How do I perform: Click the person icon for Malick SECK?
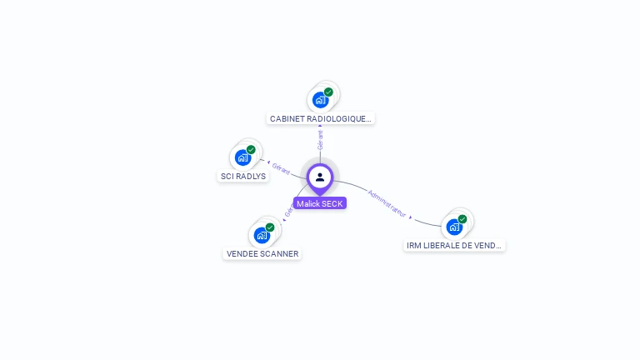coord(320,177)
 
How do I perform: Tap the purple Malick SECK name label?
coord(320,203)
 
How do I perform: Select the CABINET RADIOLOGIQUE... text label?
coord(321,119)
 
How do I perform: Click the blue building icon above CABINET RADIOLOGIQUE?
coord(320,100)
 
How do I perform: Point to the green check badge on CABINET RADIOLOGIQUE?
coord(328,92)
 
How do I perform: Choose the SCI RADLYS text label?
coord(243,176)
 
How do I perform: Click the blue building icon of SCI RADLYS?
coord(242,157)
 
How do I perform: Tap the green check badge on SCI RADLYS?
coord(251,150)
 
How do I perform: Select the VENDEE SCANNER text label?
coord(262,253)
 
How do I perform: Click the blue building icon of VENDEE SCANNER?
coord(262,235)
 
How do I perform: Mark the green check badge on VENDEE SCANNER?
coord(270,227)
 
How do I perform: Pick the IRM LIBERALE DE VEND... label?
coord(454,246)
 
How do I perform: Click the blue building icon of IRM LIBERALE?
coord(454,227)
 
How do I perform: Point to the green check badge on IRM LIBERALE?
coord(462,219)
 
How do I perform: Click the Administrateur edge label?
coord(387,203)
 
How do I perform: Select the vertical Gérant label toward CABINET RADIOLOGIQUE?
coord(321,138)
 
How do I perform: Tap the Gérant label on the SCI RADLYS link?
coord(280,170)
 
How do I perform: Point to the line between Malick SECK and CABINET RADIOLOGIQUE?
coord(320,155)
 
